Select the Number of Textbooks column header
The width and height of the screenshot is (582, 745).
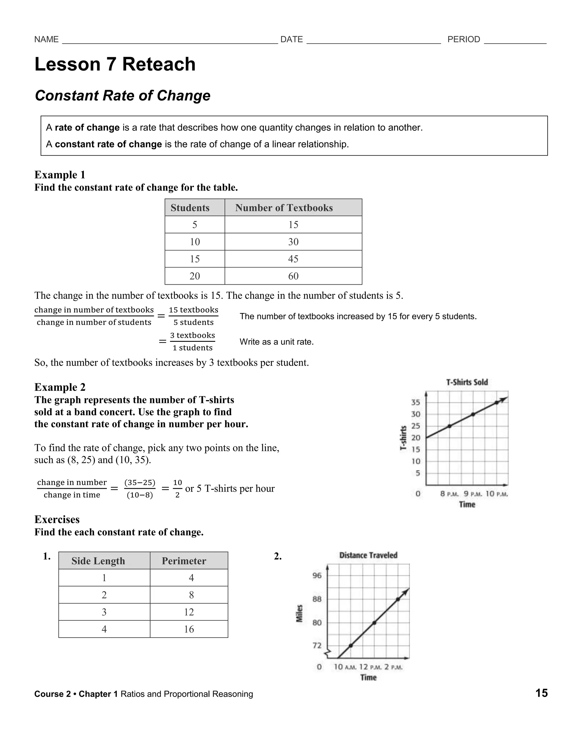284,208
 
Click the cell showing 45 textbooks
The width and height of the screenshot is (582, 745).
293,259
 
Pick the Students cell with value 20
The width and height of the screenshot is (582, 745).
195,276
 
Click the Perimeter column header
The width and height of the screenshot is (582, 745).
184,561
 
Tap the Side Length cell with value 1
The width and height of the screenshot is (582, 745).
104,578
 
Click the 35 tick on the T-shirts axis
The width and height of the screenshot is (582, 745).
415,403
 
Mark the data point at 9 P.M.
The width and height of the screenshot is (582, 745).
473,415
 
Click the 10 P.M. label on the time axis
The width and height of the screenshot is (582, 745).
496,494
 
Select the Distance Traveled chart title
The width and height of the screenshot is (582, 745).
368,555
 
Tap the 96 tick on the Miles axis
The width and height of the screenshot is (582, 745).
317,576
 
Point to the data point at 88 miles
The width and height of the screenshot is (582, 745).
398,599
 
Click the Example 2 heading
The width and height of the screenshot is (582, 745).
60,387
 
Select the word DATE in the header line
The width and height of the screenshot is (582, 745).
292,40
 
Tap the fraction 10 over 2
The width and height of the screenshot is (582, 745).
177,489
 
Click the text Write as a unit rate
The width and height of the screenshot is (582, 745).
276,342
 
